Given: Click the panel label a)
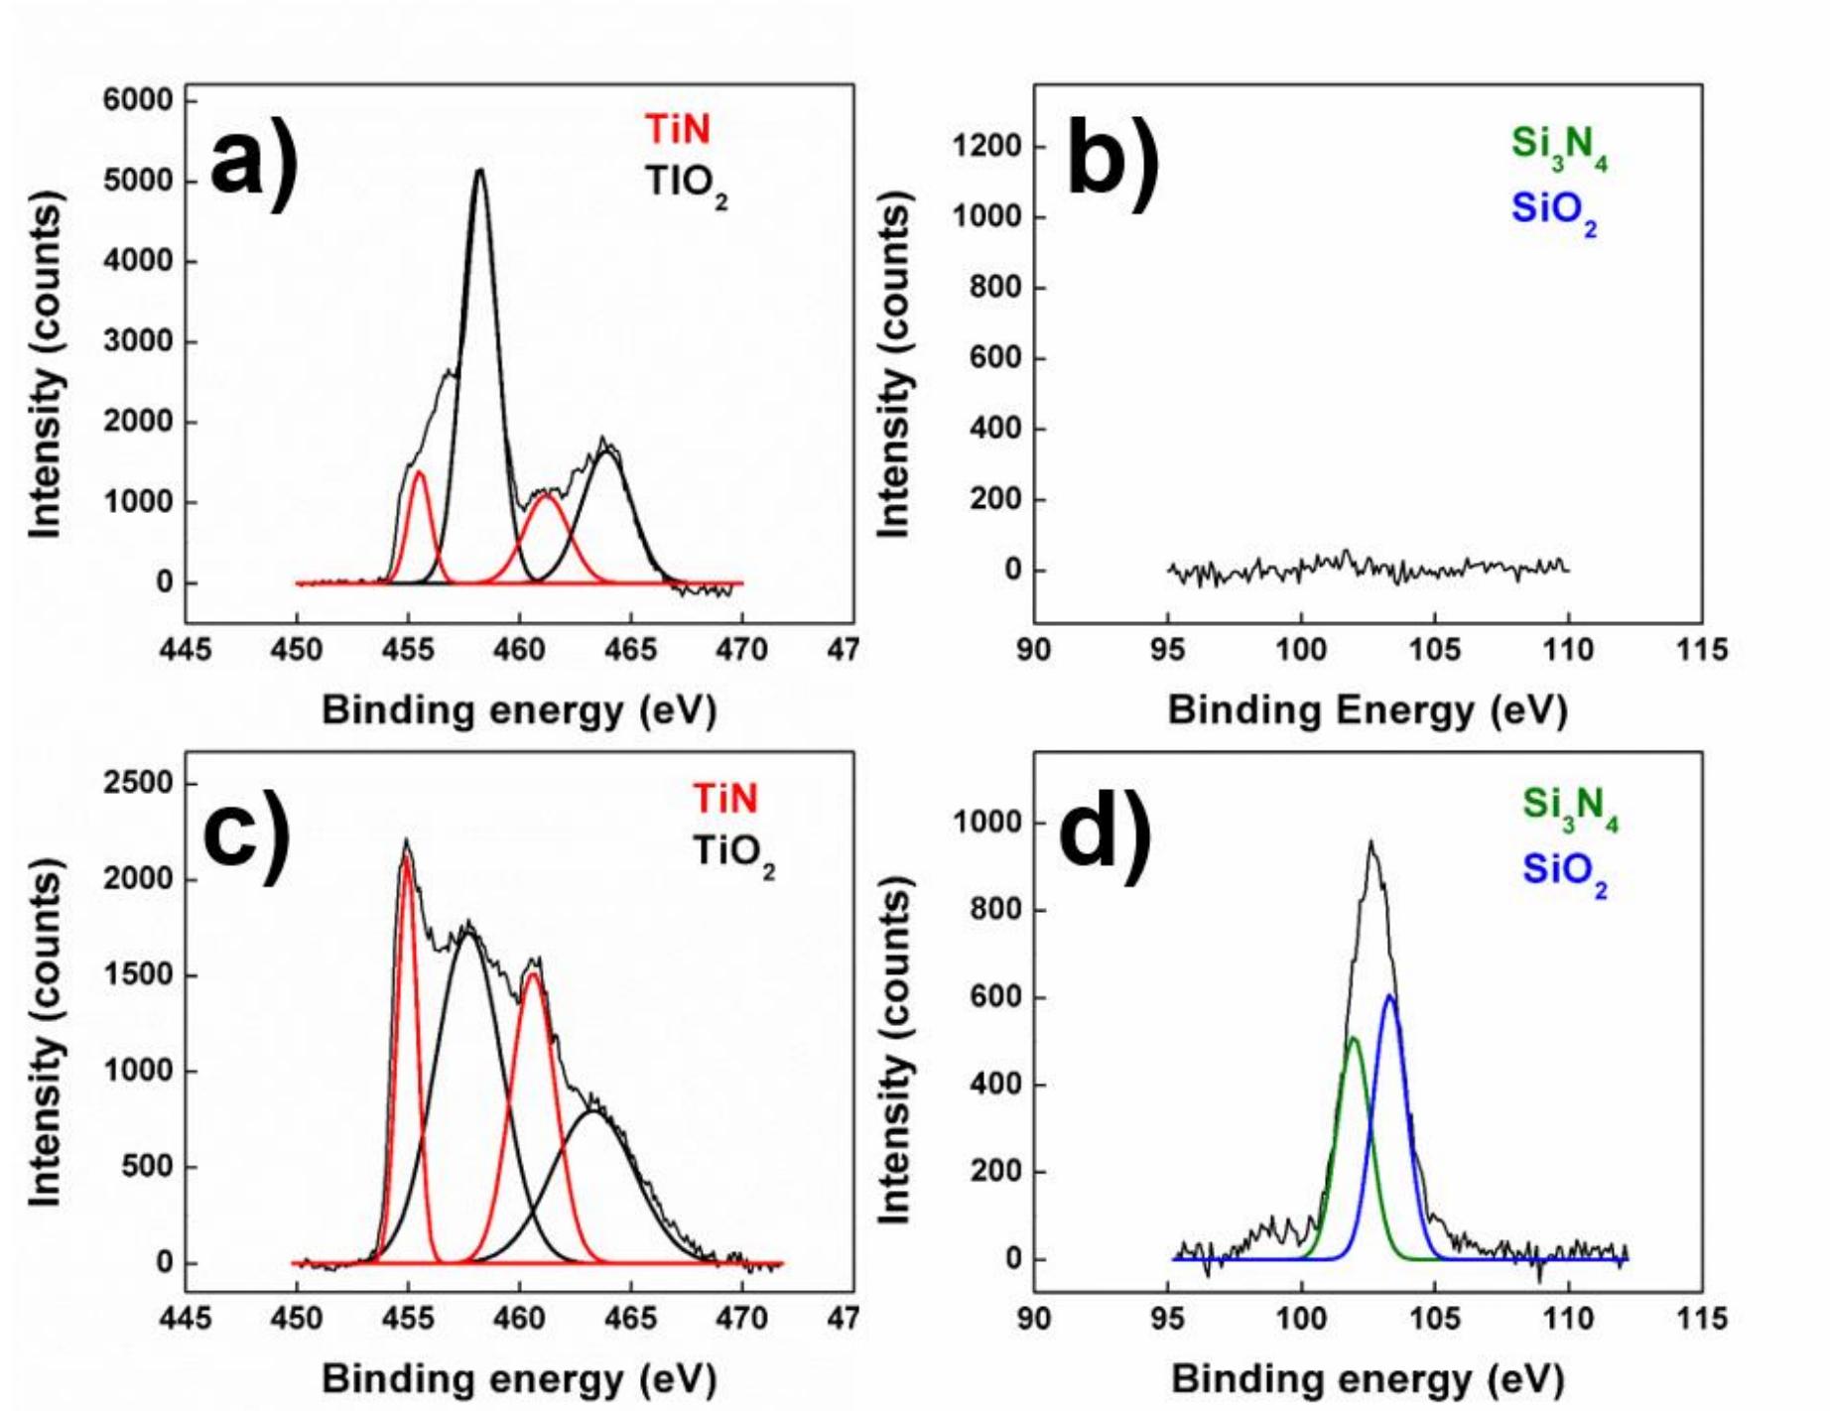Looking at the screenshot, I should tap(253, 162).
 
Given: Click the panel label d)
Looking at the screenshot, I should tap(1105, 832).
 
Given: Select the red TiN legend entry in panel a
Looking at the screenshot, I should tap(677, 130).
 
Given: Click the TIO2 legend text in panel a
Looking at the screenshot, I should tap(685, 185).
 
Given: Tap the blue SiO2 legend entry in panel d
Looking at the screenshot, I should tap(1564, 872).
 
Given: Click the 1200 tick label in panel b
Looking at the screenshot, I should tap(986, 147).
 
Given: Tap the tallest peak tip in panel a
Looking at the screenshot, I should tap(480, 171).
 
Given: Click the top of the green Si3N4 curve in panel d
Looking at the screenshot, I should tap(1353, 1039).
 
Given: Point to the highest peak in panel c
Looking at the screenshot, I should tap(406, 841).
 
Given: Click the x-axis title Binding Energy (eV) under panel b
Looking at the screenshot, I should tap(1367, 709).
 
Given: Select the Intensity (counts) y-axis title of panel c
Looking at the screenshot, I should tap(45, 1032).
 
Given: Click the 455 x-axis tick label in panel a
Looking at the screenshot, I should tap(408, 650).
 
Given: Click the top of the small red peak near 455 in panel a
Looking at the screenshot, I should tap(419, 472).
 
